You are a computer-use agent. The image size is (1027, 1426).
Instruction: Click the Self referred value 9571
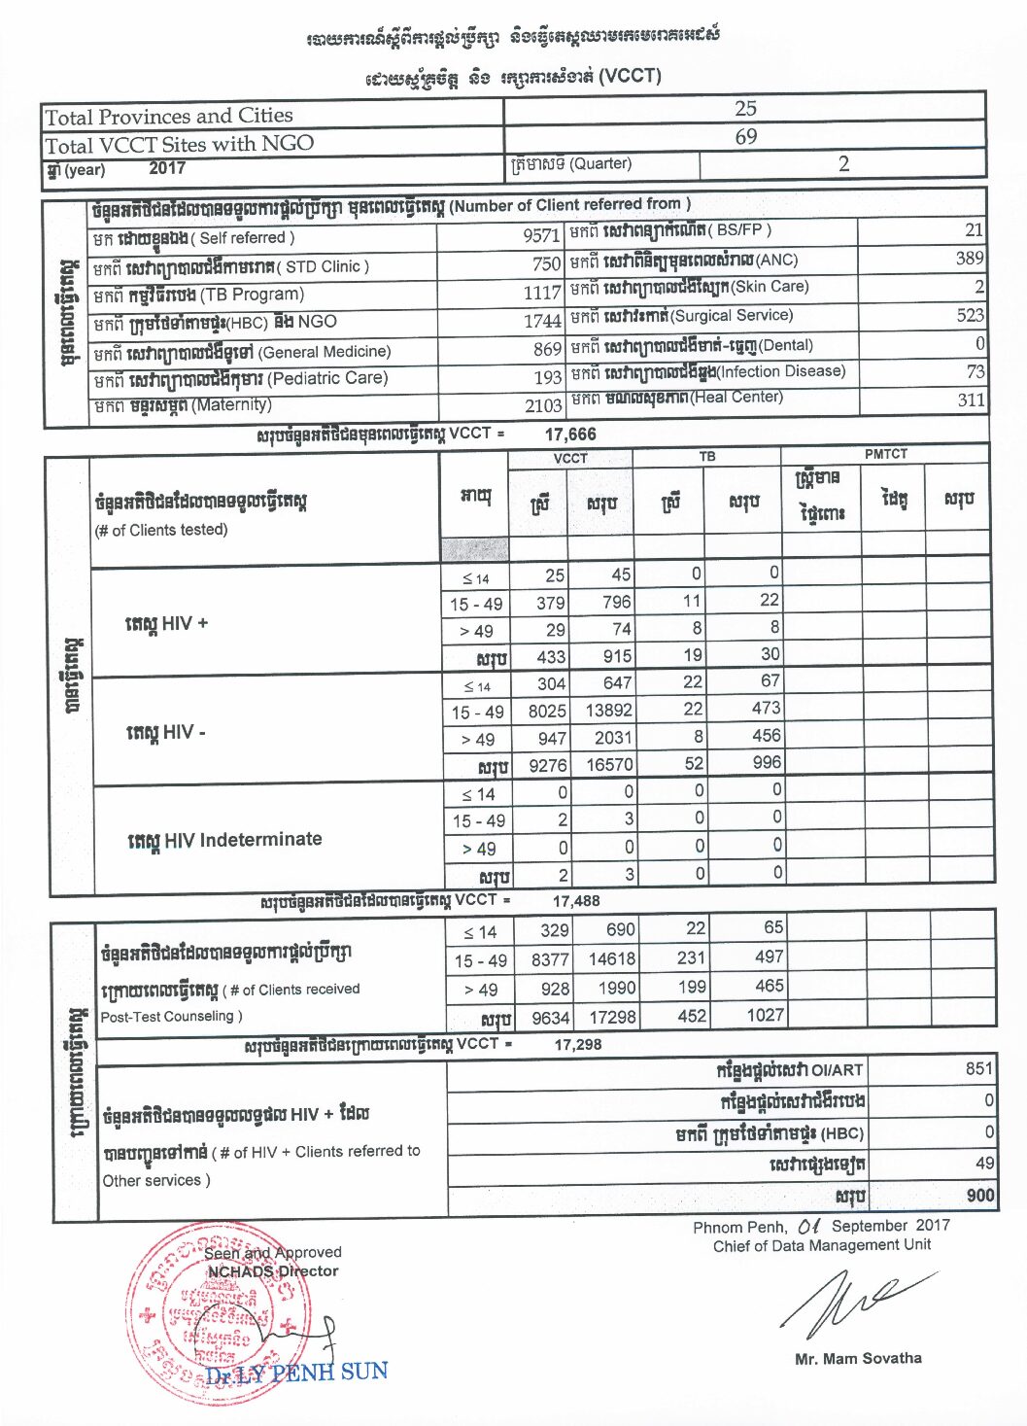(540, 235)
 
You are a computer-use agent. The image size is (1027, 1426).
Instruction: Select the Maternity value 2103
(543, 405)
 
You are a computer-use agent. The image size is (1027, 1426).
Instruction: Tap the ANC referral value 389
(969, 259)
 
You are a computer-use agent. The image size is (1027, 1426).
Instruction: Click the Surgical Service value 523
(970, 315)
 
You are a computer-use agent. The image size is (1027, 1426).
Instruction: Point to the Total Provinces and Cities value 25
(745, 108)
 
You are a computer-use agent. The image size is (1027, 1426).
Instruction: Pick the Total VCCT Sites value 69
(745, 137)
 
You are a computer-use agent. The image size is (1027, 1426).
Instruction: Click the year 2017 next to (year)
(167, 168)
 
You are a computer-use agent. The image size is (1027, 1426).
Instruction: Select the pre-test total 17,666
(570, 435)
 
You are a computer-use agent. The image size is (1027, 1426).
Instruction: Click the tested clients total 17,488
(576, 901)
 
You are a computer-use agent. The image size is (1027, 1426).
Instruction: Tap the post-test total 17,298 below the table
(577, 1044)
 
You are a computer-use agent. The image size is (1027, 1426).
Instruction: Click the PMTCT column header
(885, 454)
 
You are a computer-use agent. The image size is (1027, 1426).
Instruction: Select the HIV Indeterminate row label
(224, 840)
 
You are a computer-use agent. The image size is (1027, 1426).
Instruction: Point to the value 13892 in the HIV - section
(608, 711)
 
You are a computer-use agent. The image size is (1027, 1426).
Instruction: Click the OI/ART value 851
(978, 1068)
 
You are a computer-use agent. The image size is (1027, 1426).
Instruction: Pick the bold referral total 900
(979, 1196)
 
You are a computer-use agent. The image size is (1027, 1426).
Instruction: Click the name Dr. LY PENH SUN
(296, 1373)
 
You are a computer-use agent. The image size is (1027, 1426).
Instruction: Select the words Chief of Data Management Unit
(821, 1245)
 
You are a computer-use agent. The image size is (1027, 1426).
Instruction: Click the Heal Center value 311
(971, 400)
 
